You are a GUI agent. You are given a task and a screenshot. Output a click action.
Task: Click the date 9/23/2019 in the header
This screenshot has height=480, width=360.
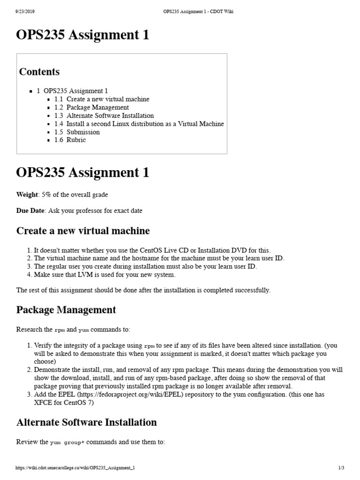pyautogui.click(x=24, y=12)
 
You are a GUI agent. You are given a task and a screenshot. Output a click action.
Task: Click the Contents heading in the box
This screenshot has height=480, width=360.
pyautogui.click(x=39, y=72)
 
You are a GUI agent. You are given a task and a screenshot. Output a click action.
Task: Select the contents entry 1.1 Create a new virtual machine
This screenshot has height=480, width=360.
pyautogui.click(x=102, y=99)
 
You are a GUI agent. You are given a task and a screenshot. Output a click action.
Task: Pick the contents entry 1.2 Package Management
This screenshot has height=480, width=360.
pyautogui.click(x=91, y=107)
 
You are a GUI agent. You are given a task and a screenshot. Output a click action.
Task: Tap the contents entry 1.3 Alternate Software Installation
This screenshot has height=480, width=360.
pyautogui.click(x=104, y=115)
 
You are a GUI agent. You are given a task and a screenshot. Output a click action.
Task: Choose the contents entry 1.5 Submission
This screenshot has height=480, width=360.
pyautogui.click(x=77, y=132)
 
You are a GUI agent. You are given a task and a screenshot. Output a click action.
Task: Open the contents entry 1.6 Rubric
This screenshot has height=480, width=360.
pyautogui.click(x=70, y=140)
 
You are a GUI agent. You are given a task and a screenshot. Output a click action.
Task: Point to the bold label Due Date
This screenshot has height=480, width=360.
pyautogui.click(x=30, y=210)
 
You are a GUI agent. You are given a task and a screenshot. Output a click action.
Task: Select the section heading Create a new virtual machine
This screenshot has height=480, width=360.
pyautogui.click(x=83, y=231)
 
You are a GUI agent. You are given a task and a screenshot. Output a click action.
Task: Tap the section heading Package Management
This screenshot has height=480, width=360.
pyautogui.click(x=66, y=310)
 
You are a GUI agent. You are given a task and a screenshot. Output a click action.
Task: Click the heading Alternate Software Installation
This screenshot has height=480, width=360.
pyautogui.click(x=87, y=422)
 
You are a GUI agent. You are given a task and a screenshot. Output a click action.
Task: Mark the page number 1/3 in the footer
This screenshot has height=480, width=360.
pyautogui.click(x=341, y=468)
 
